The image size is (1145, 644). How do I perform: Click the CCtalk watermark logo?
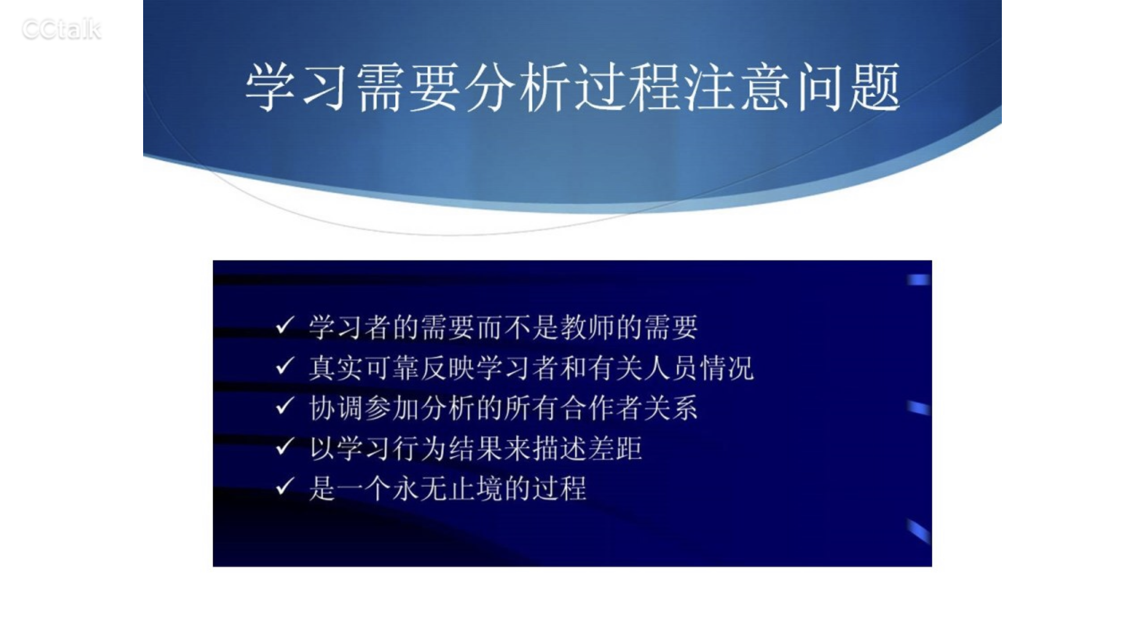61,30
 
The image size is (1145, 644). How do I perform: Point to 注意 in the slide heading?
738,87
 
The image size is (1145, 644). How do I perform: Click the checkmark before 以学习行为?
285,446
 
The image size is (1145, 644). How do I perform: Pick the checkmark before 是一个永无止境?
285,487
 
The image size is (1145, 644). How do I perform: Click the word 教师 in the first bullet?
587,327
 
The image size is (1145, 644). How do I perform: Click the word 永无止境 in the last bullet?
447,489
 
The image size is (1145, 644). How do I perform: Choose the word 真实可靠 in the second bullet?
364,368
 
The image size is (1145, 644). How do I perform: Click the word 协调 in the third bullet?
336,408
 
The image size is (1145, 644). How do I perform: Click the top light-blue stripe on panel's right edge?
919,280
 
